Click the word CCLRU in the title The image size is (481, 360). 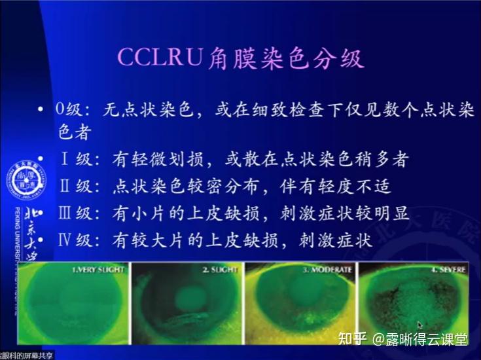pyautogui.click(x=158, y=58)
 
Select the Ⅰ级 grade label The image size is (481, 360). pyautogui.click(x=73, y=159)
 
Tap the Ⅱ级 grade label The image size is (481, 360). pyautogui.click(x=73, y=187)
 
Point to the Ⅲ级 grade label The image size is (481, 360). pyautogui.click(x=73, y=213)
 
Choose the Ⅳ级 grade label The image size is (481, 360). pyautogui.click(x=73, y=240)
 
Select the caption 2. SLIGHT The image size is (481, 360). pyautogui.click(x=212, y=269)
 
